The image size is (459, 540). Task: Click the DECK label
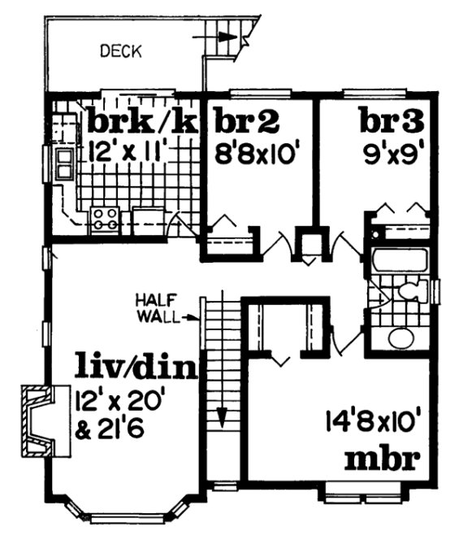(x=120, y=52)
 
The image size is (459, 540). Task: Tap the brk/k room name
(x=143, y=122)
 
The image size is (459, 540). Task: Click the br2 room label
(x=248, y=122)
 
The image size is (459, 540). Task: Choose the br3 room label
(x=392, y=122)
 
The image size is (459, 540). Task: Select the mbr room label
(x=383, y=459)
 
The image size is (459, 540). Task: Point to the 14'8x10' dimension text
(x=375, y=424)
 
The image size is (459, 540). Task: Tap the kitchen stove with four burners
(x=105, y=218)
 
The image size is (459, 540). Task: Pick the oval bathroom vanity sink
(x=401, y=337)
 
